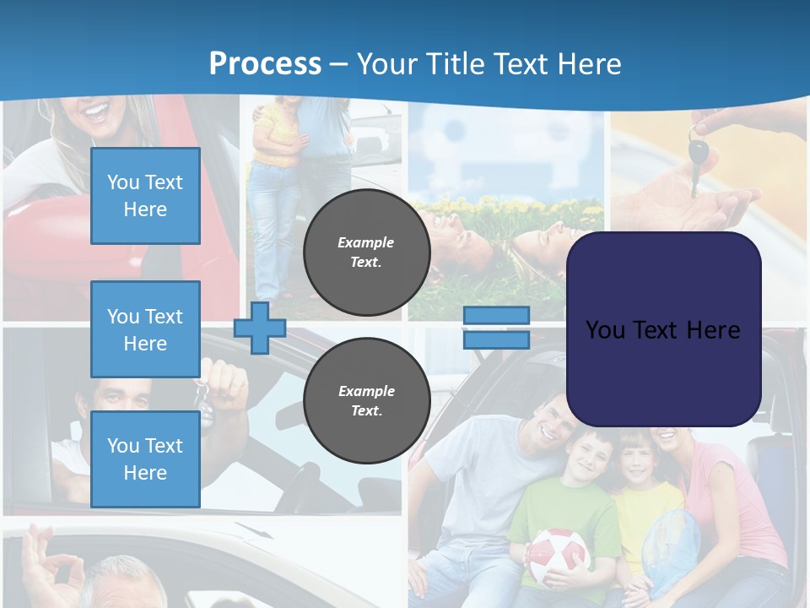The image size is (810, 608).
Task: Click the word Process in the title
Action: pyautogui.click(x=265, y=63)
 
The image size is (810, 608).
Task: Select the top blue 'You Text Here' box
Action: pyautogui.click(x=145, y=196)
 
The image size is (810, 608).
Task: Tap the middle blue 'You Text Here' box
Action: pyautogui.click(x=145, y=329)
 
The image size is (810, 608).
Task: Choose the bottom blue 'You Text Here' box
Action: pyautogui.click(x=145, y=459)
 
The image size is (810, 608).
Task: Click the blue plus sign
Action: pyautogui.click(x=259, y=328)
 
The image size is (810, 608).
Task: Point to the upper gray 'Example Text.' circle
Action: pyautogui.click(x=366, y=252)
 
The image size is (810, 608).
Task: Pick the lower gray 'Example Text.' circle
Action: pyautogui.click(x=366, y=401)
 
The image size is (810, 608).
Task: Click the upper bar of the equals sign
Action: pyautogui.click(x=496, y=315)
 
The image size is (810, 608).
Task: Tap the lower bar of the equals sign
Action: pyautogui.click(x=496, y=339)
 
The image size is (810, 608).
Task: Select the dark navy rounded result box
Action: pyautogui.click(x=663, y=329)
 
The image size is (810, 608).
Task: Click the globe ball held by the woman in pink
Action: pyautogui.click(x=672, y=545)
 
